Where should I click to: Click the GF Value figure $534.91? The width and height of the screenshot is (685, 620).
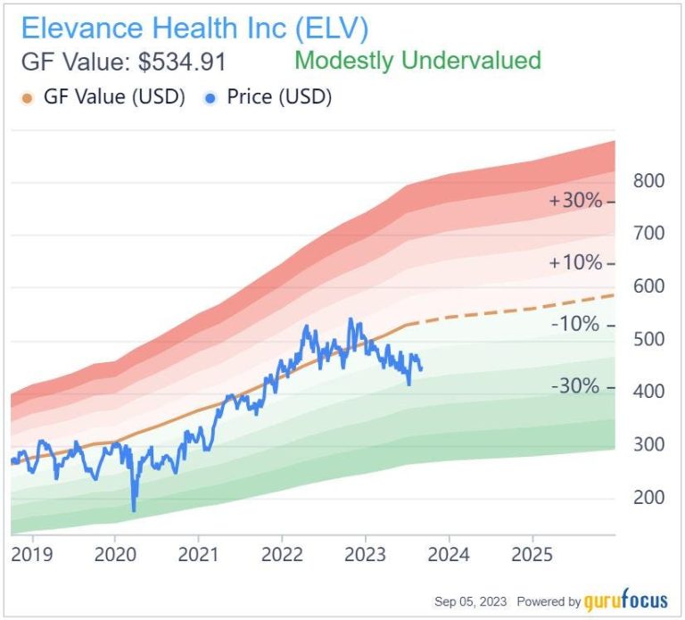(x=122, y=62)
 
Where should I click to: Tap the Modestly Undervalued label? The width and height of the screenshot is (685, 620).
(x=417, y=61)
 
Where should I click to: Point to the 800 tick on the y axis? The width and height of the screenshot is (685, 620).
(x=648, y=181)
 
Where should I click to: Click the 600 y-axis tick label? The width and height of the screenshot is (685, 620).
(x=648, y=286)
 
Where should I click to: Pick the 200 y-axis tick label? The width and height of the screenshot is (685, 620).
(x=648, y=497)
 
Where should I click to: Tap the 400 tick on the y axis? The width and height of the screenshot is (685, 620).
(x=648, y=392)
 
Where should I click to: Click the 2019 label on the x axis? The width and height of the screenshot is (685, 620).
(x=32, y=555)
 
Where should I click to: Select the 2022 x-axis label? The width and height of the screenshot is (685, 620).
(x=282, y=555)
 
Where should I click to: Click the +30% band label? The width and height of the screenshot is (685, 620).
(x=576, y=202)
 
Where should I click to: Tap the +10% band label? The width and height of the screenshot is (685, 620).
(x=576, y=264)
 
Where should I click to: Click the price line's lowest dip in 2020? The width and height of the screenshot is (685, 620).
(x=134, y=510)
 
